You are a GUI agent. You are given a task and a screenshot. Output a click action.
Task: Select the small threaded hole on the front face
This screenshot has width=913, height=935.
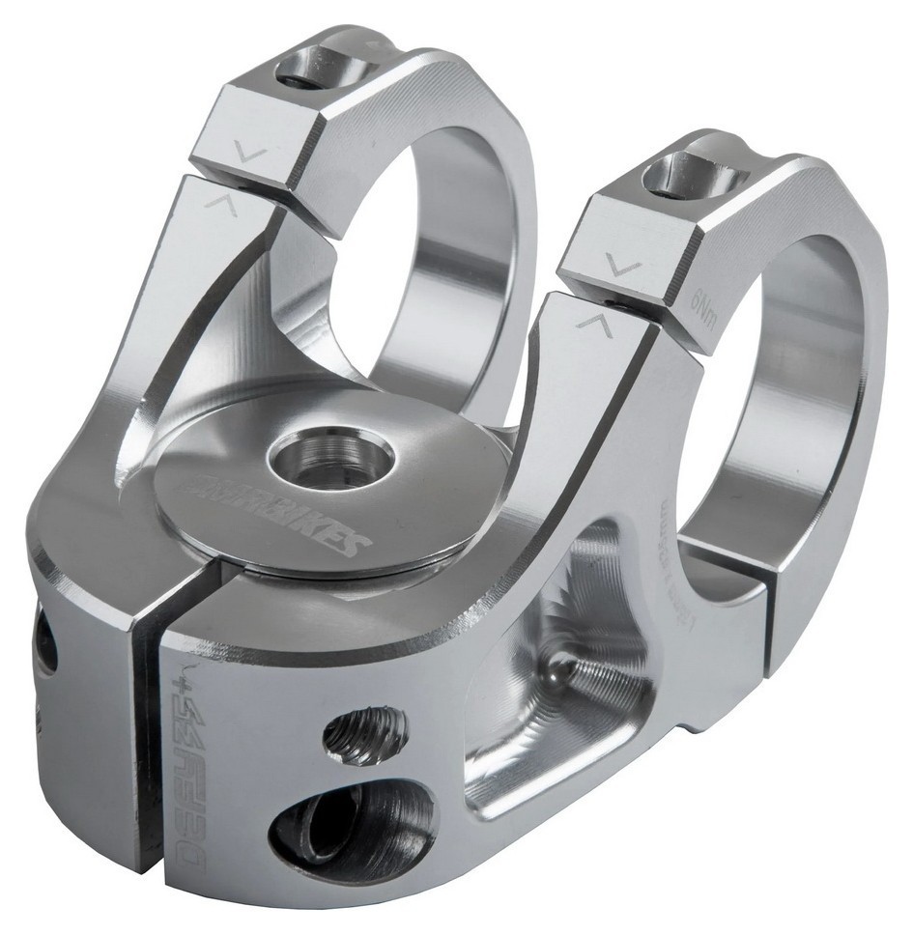click(364, 738)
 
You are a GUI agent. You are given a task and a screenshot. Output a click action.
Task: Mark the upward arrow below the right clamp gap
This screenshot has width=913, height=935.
click(591, 323)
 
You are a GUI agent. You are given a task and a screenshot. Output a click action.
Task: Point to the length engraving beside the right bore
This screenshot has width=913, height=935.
click(669, 541)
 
